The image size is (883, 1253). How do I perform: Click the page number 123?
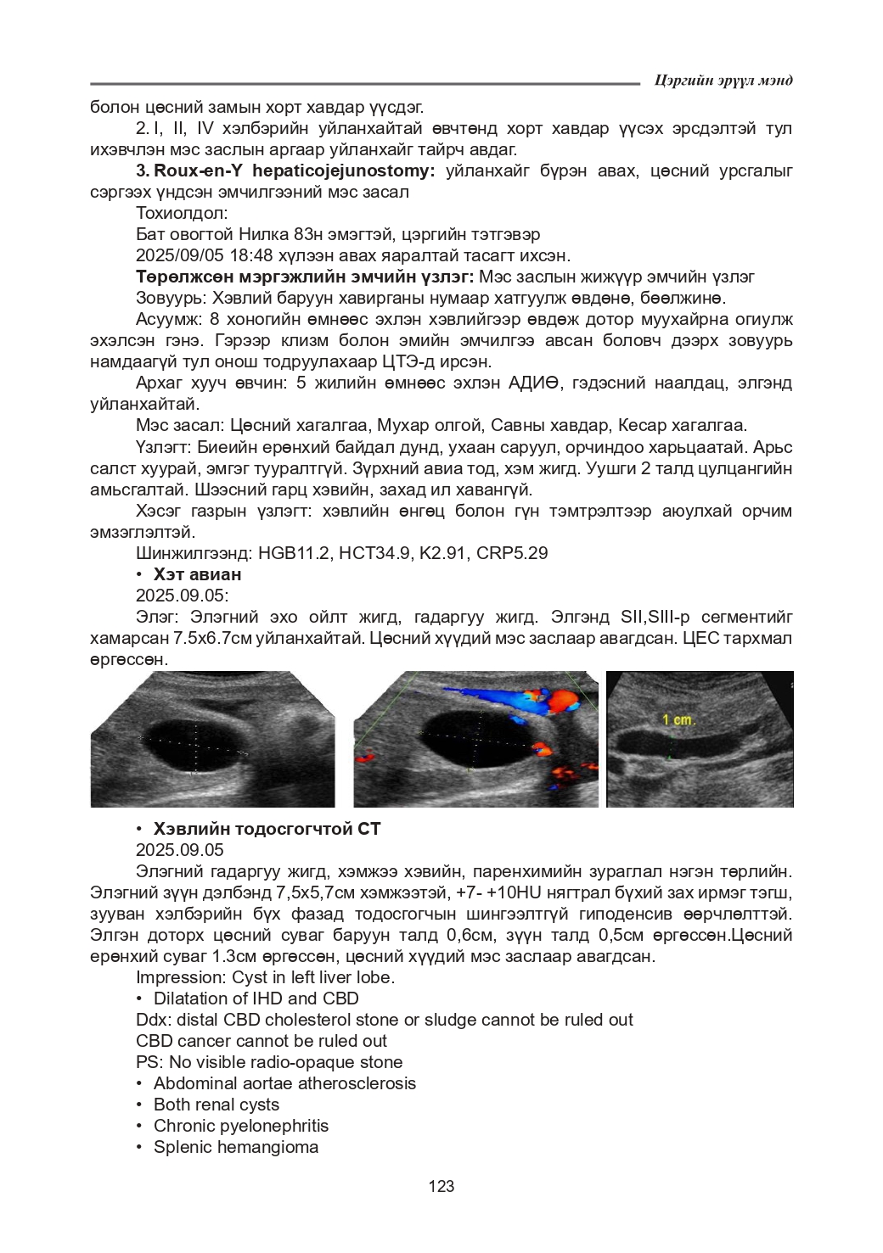tap(441, 1186)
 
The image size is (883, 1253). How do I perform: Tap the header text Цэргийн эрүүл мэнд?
tap(723, 81)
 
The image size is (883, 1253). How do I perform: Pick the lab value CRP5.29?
tap(512, 553)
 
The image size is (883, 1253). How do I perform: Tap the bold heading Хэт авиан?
tap(197, 574)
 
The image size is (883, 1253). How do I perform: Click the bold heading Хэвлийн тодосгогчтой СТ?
tap(267, 829)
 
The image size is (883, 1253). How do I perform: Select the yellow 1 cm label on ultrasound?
tap(678, 719)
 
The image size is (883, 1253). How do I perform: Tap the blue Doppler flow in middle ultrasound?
tap(501, 700)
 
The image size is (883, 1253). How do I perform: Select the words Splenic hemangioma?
tap(236, 1147)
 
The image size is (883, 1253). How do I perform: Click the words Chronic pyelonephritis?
tap(241, 1126)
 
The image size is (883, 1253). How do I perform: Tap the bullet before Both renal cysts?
tap(139, 1105)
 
